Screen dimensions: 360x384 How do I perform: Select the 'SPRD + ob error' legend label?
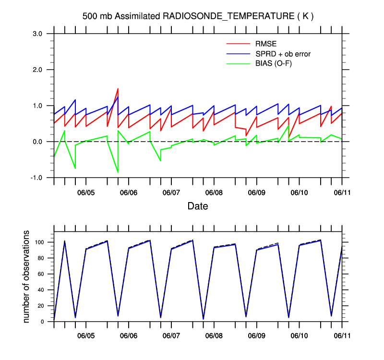(x=283, y=54)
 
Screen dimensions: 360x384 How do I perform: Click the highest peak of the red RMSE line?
(x=118, y=89)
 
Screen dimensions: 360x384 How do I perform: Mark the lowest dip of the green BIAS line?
(x=118, y=172)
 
